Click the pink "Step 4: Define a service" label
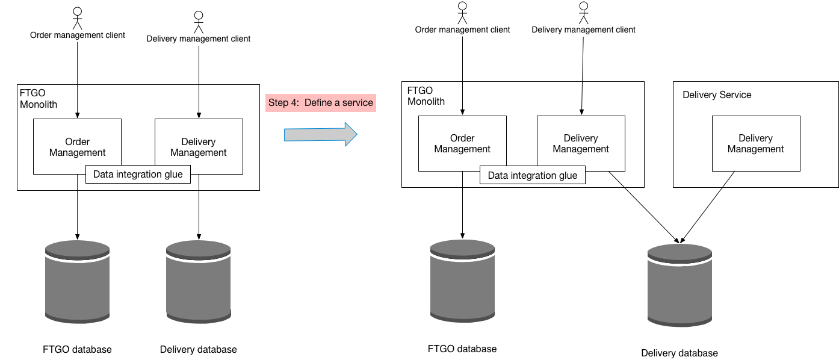[x=321, y=103]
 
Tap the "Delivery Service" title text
[x=717, y=95]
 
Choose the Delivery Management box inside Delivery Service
[x=755, y=144]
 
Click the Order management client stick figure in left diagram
[x=77, y=18]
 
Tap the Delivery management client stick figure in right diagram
[x=583, y=13]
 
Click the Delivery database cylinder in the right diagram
[x=680, y=285]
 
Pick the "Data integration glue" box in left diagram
[x=138, y=175]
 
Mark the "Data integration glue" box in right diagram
[x=532, y=176]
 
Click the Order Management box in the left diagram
[x=77, y=147]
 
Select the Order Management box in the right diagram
[x=462, y=144]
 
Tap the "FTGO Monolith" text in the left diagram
[x=37, y=99]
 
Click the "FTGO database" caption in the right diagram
[x=462, y=349]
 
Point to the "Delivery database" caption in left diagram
[x=198, y=350]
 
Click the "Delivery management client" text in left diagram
[x=198, y=39]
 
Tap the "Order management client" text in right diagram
[x=462, y=29]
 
